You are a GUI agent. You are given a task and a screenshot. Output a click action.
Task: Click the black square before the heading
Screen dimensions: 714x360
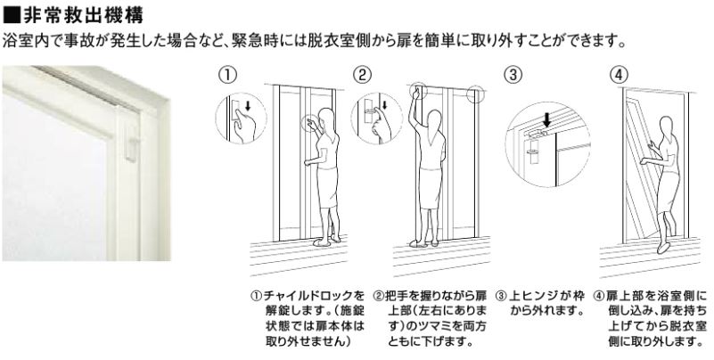12,15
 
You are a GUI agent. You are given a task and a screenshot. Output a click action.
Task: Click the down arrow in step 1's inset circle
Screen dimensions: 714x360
248,106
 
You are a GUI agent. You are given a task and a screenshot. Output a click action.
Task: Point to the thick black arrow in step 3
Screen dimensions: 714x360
546,121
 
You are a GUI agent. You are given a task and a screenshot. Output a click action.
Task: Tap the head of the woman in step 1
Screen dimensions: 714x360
326,119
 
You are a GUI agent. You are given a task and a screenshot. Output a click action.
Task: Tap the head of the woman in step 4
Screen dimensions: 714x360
667,127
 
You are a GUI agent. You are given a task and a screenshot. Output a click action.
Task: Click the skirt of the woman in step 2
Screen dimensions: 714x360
430,187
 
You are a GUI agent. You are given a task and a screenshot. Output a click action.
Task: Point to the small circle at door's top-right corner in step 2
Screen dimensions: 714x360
475,93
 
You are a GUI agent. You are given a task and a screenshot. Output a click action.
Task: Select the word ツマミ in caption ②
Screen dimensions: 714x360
429,326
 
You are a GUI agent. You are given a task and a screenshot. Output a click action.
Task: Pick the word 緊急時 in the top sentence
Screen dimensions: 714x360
251,42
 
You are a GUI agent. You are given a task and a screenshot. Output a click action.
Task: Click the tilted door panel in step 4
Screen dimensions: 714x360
642,168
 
